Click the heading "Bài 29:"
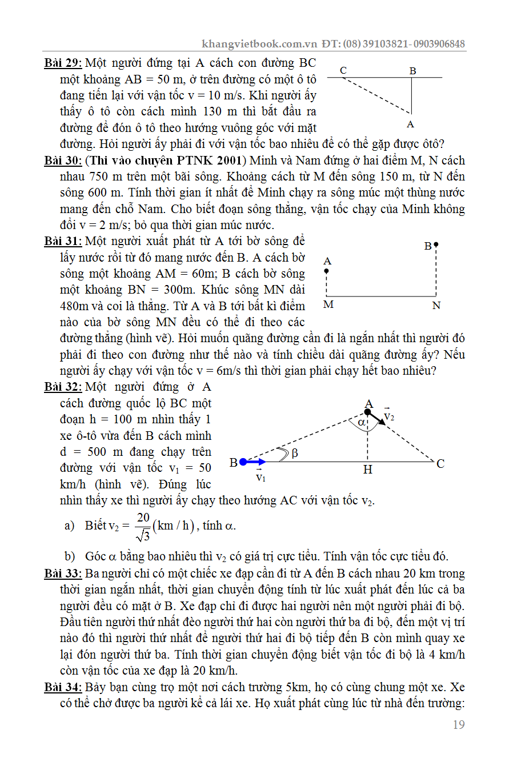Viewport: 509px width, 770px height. point(63,63)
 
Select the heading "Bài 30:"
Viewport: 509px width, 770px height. point(63,161)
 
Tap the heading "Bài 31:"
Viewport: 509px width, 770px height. point(63,242)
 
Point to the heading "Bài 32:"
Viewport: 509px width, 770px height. point(63,387)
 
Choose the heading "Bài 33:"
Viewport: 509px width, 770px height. point(63,574)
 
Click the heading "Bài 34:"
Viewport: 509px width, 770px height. point(63,687)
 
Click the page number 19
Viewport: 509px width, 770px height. point(458,725)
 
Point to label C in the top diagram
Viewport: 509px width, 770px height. point(343,70)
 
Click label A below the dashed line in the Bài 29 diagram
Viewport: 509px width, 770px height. point(410,124)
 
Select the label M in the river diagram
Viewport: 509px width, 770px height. point(328,305)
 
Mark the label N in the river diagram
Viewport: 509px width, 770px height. point(436,306)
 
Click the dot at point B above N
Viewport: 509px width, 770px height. point(436,244)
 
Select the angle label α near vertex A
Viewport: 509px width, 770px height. point(361,422)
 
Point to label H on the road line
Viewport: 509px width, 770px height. point(368,470)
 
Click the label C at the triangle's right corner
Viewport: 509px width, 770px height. point(440,464)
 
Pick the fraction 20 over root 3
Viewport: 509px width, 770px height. point(143,526)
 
